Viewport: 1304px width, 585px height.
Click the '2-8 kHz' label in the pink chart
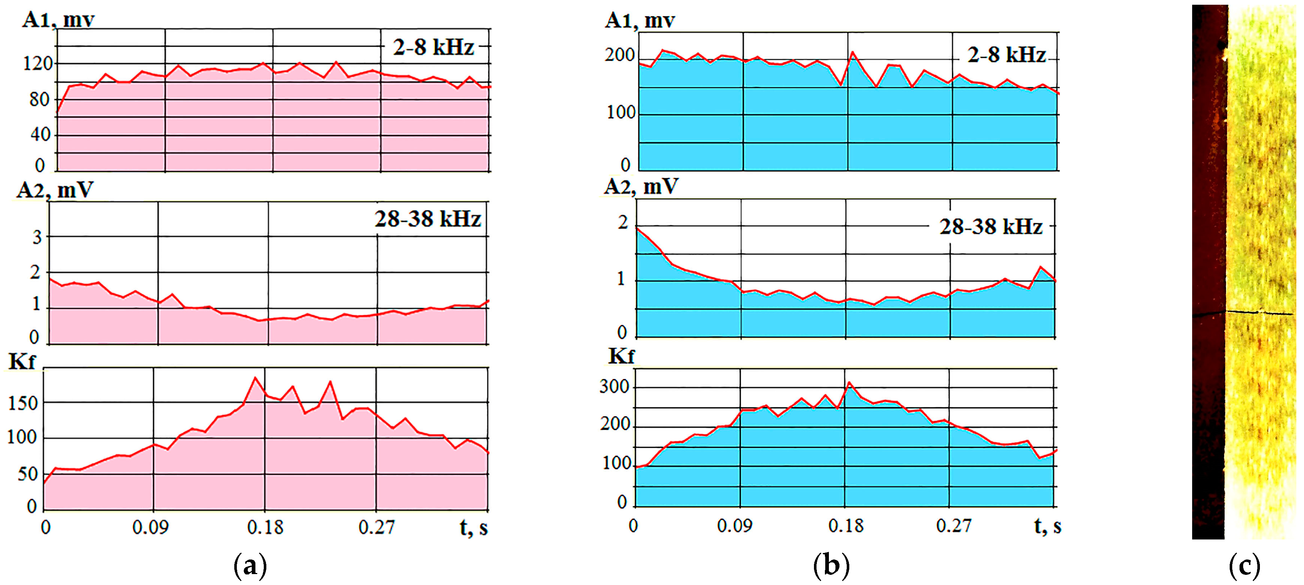pyautogui.click(x=433, y=48)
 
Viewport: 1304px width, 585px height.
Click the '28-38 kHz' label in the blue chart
pyautogui.click(x=991, y=227)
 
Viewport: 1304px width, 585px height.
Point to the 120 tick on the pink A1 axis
pyautogui.click(x=38, y=64)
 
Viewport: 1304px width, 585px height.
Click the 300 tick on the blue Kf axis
pyautogui.click(x=614, y=387)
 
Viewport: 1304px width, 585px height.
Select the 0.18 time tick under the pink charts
pyautogui.click(x=265, y=527)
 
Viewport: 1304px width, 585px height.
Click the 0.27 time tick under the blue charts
pyautogui.click(x=954, y=526)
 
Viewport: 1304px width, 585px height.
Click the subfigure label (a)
pyautogui.click(x=250, y=566)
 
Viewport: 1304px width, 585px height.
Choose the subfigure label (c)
pyautogui.click(x=1244, y=566)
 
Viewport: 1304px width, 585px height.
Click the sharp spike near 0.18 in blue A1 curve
pyautogui.click(x=853, y=52)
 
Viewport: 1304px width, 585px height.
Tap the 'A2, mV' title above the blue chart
pyautogui.click(x=641, y=187)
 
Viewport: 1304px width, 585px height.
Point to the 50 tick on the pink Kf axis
pyautogui.click(x=28, y=475)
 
